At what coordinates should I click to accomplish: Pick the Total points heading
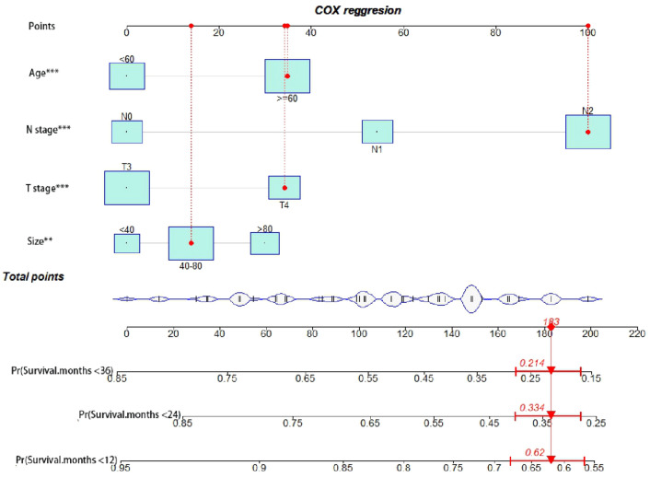pos(34,275)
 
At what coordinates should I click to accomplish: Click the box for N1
pos(377,131)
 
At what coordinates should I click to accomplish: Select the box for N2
pos(587,132)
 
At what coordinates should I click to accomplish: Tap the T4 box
pos(284,187)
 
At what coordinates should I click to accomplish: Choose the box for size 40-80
pos(191,243)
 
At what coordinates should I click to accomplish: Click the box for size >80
pos(264,243)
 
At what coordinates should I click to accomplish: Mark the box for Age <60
pos(126,76)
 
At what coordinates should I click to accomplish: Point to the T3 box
pos(126,188)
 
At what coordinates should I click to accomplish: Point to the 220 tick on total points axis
pos(635,332)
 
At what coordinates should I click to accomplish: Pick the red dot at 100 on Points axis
pos(587,26)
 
